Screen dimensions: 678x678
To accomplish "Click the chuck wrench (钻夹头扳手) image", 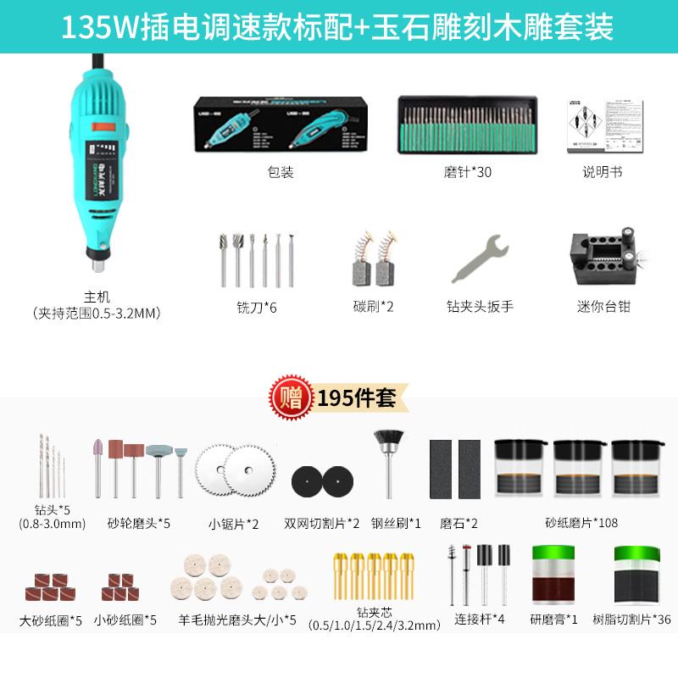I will click(480, 258).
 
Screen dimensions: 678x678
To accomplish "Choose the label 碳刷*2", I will click(374, 306).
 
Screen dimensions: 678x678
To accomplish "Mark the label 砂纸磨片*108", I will click(581, 523).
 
